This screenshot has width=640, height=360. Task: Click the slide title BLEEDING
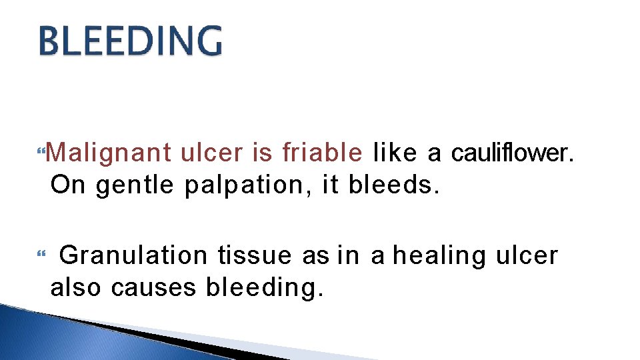[x=131, y=41]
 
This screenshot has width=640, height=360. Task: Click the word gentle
[x=135, y=185]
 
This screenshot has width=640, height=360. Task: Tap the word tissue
[x=254, y=256]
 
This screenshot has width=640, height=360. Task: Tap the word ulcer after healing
[x=527, y=256]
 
